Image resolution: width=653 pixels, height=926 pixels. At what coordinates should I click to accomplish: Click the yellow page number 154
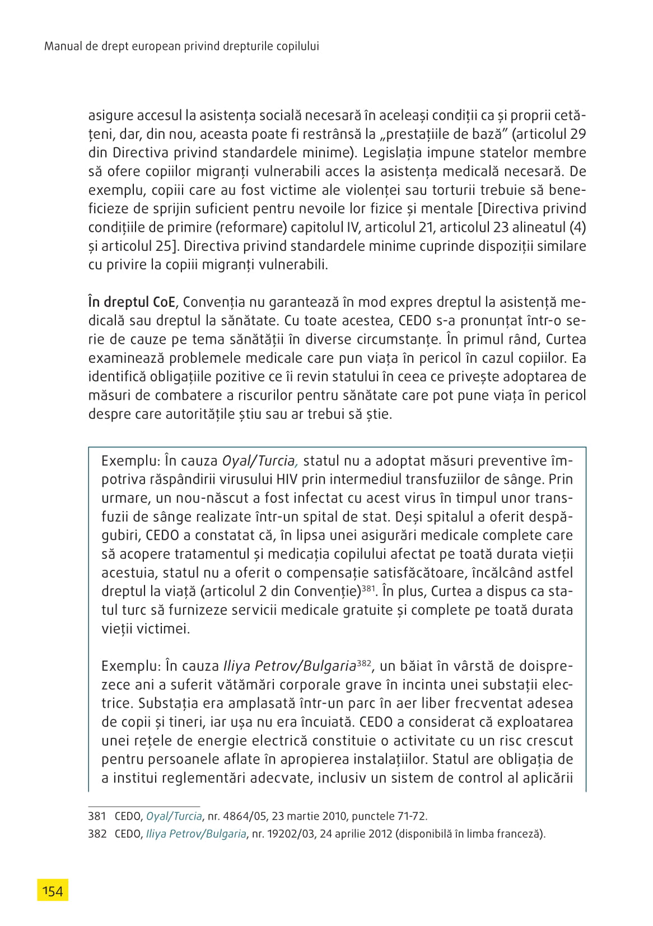point(53,890)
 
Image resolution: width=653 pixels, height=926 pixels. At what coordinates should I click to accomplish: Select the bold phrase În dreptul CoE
point(132,302)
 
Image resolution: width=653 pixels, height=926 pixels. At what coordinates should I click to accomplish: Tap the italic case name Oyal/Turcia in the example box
point(258,461)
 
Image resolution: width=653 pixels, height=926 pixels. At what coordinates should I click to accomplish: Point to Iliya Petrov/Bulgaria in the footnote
point(196,834)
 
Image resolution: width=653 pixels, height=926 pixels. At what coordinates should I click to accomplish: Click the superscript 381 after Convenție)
point(368,588)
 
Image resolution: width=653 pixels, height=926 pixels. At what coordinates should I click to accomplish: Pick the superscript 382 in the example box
point(364,663)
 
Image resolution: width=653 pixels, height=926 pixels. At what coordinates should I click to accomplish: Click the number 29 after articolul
point(578,134)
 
